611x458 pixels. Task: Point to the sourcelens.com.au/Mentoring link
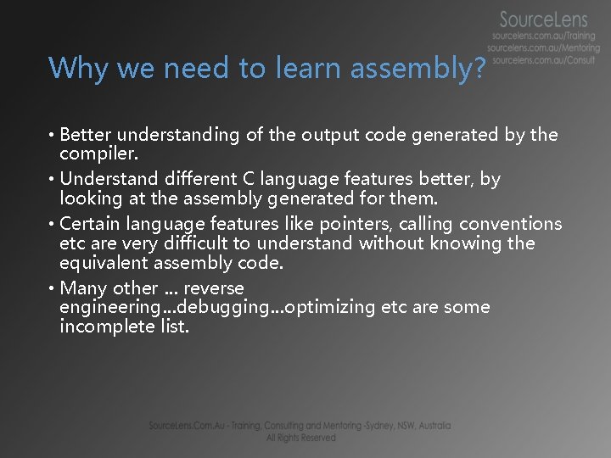[543, 49]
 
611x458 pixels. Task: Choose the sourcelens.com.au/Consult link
[543, 61]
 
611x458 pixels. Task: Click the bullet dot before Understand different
[53, 180]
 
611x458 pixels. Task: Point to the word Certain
[91, 224]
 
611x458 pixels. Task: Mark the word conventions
[510, 224]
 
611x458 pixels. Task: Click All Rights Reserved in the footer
[300, 438]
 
